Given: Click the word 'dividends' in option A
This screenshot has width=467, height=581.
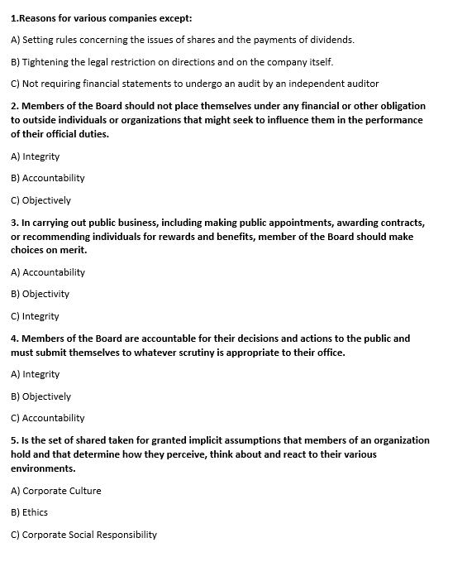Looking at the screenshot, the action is (x=333, y=40).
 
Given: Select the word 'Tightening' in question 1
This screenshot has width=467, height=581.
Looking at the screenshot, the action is (x=46, y=62).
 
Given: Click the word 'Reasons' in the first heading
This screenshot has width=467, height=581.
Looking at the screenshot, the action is (x=41, y=17).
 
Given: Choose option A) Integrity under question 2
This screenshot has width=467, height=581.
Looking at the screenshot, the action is (x=36, y=156).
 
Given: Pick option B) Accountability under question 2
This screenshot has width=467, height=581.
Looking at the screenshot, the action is (x=48, y=178).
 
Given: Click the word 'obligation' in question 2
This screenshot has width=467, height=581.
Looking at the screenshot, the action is (x=400, y=106).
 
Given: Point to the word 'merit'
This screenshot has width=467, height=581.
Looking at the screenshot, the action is (x=72, y=250).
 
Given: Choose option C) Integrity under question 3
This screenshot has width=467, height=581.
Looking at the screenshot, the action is (x=36, y=316).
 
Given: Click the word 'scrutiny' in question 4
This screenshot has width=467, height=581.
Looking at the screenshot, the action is (x=195, y=353).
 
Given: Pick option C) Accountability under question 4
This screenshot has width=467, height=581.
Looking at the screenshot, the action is (x=48, y=418).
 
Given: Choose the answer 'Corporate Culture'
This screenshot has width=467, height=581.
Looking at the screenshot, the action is (x=56, y=491).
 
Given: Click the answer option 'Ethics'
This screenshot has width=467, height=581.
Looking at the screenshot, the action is (x=30, y=512).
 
